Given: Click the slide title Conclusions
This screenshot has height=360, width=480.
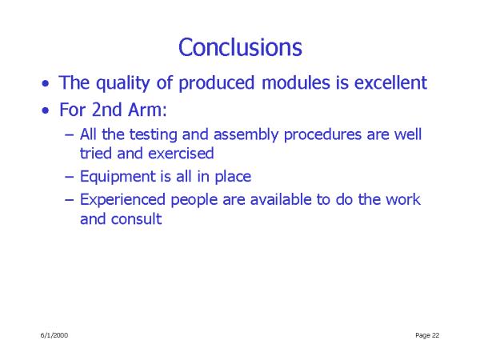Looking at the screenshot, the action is (x=240, y=47).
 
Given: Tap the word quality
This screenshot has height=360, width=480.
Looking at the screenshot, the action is (x=122, y=83).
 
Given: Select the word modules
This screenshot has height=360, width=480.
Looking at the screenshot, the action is (x=296, y=82).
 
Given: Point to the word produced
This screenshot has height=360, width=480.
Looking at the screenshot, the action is (x=217, y=83).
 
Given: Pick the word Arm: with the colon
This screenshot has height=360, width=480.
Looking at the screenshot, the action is (x=147, y=110).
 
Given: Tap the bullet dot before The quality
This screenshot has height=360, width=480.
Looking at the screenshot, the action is (x=46, y=83).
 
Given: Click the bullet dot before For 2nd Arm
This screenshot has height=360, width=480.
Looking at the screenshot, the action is (x=46, y=110).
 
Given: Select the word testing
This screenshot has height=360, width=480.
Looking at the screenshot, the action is (x=153, y=135).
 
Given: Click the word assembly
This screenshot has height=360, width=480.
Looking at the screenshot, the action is (x=246, y=135).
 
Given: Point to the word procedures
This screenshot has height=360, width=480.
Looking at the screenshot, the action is (x=322, y=135).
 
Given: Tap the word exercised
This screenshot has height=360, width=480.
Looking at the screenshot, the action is (x=181, y=154).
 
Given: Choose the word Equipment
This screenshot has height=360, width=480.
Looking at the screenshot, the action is (x=118, y=177).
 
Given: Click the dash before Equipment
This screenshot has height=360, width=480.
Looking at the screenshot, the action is (x=70, y=177).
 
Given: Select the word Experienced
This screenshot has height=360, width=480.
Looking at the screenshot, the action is (x=122, y=200).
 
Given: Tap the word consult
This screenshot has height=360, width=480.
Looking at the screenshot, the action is (x=136, y=219).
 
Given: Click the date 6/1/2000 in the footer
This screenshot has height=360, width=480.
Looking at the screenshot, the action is (x=54, y=335).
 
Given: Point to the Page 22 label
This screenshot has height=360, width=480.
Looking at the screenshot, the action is (x=427, y=335).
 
